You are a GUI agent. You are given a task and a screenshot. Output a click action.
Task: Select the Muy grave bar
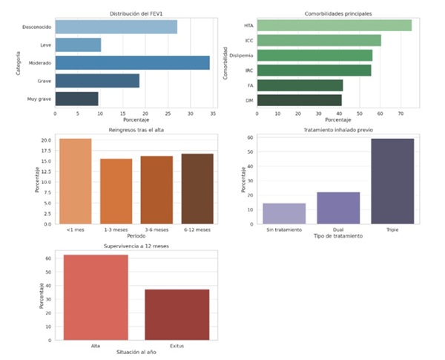tap(76, 98)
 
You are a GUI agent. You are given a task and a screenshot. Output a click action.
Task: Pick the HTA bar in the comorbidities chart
tap(334, 26)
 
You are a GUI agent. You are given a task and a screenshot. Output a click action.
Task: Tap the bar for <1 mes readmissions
tap(76, 181)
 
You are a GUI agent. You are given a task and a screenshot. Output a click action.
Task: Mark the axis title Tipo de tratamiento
tap(337, 237)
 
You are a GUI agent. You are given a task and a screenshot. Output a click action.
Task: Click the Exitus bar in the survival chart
tap(177, 314)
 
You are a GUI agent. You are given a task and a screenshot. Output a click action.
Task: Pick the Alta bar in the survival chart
tap(96, 297)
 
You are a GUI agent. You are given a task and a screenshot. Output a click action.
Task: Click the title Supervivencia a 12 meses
tap(136, 245)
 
